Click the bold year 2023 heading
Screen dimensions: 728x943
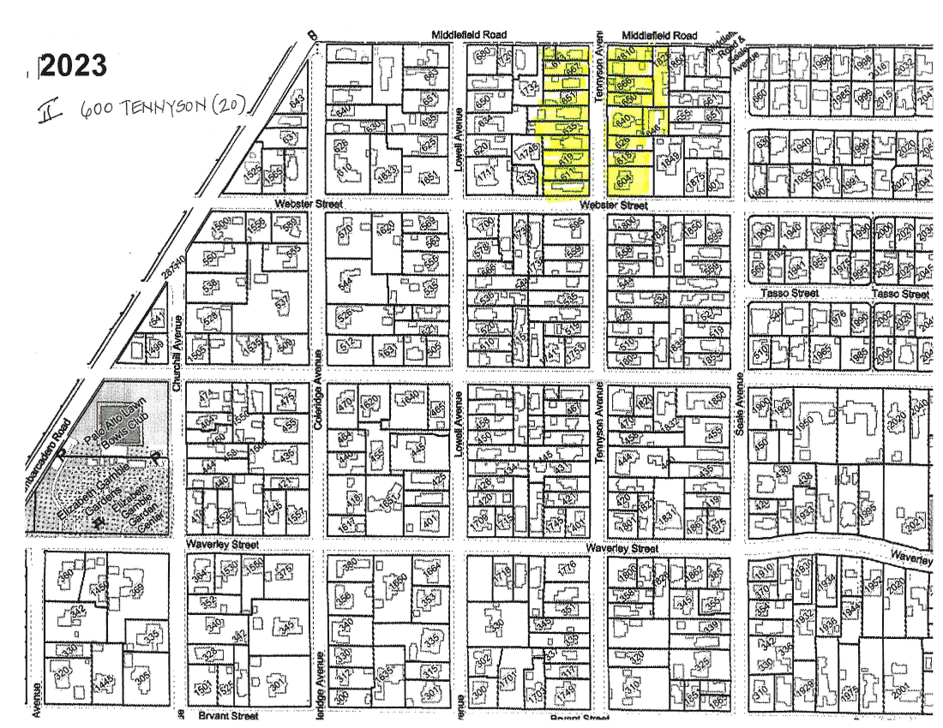[75, 66]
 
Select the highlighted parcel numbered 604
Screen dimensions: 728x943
[622, 178]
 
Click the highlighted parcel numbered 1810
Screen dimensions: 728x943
[627, 53]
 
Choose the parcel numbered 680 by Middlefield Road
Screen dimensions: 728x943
[482, 54]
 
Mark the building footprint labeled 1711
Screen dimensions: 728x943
[487, 176]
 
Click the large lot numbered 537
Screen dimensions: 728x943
[280, 301]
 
